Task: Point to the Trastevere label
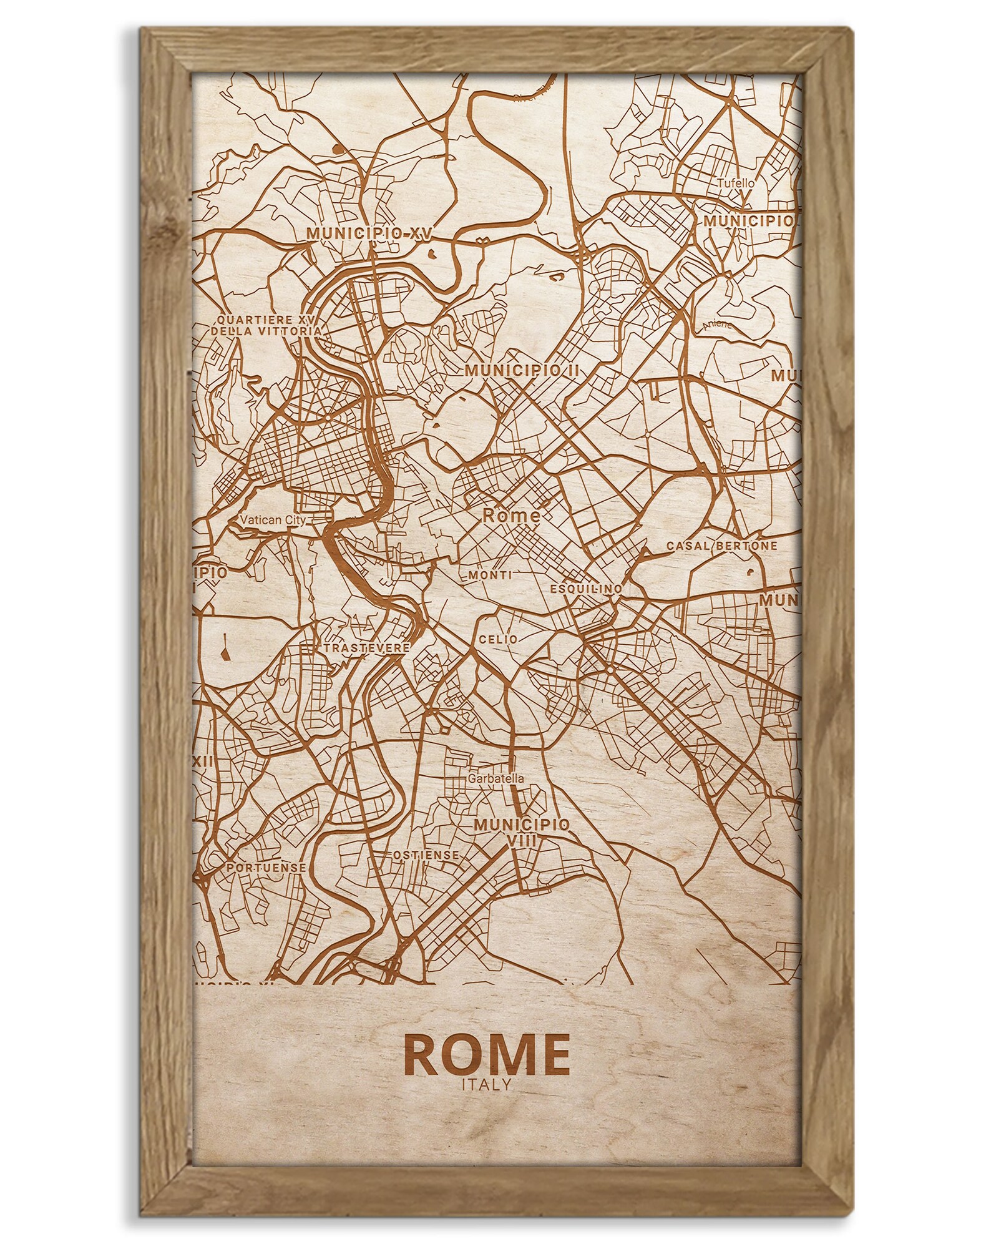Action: tap(366, 648)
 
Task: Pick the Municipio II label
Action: tap(522, 371)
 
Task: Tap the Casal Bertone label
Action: tap(722, 546)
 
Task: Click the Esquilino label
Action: tap(586, 589)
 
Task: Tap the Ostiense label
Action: tap(426, 855)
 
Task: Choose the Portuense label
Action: tap(266, 868)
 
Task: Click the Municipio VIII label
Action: tap(522, 832)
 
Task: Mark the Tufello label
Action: tap(736, 184)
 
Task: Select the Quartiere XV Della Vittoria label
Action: tap(267, 325)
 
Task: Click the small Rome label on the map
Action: tap(511, 515)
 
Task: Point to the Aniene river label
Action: tap(716, 325)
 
